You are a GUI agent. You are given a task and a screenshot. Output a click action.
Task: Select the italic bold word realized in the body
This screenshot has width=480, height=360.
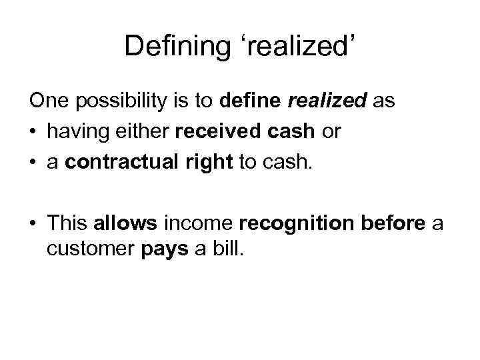point(327,102)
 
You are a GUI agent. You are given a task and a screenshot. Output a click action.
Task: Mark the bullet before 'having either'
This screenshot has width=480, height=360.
point(34,132)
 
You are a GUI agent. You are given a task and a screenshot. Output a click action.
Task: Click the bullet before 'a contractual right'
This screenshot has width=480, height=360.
point(34,161)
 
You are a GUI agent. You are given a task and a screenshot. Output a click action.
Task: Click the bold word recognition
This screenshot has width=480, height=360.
point(297,223)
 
